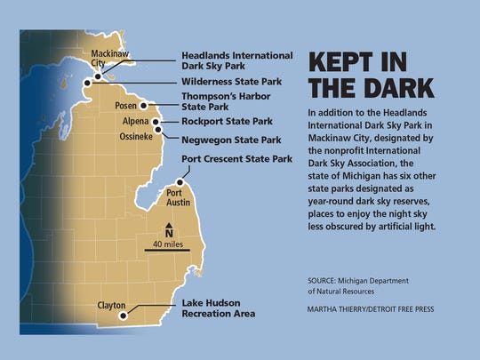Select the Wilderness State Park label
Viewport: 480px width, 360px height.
pos(232,82)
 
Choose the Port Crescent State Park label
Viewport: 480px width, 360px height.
pos(236,159)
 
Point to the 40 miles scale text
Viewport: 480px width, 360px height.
pos(167,244)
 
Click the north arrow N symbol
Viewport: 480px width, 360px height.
pos(167,228)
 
